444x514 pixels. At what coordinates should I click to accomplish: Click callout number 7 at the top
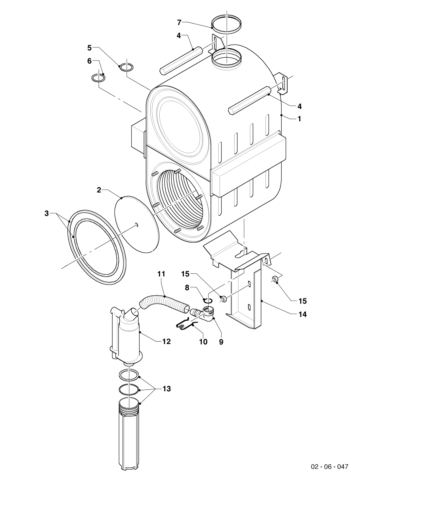[179, 23]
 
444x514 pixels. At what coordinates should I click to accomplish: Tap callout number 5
[90, 47]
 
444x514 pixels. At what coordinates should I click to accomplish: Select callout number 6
[90, 61]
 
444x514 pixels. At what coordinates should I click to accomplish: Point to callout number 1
[299, 119]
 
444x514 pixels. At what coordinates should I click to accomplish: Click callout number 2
[99, 190]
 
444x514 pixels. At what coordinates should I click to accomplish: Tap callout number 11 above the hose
[161, 274]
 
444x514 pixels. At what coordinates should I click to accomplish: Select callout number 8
[187, 288]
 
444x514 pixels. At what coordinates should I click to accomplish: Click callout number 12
[166, 341]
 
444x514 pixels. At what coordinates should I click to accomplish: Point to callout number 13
[166, 389]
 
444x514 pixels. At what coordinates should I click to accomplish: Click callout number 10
[203, 342]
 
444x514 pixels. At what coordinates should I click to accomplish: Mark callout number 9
[221, 342]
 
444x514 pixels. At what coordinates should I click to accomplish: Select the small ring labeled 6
[98, 78]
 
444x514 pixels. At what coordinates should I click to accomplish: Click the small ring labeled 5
[126, 67]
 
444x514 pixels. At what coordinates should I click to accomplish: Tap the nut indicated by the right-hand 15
[274, 279]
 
